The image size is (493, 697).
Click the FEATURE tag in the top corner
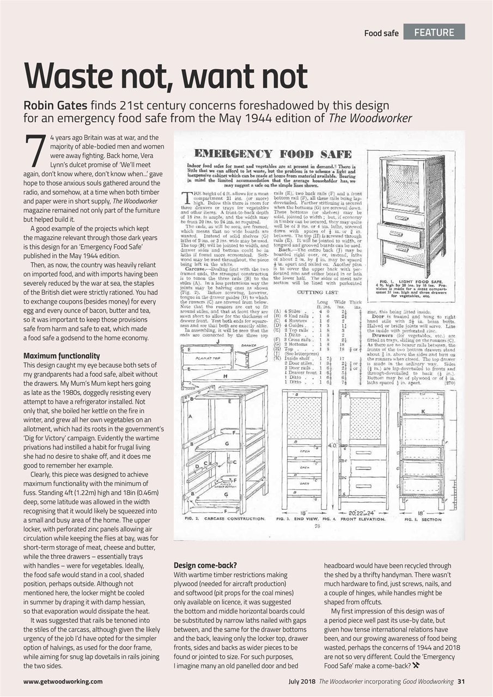coord(434,32)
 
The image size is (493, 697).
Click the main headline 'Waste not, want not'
coord(165,76)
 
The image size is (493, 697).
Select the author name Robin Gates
coord(56,106)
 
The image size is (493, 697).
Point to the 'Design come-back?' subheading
coord(204,565)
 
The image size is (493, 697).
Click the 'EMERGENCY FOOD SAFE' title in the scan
coord(272,154)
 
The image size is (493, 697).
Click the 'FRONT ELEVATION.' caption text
coord(363,519)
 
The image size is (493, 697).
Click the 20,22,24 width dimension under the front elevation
coord(363,512)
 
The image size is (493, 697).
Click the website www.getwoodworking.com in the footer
coord(63,681)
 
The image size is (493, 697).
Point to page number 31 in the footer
coord(461,681)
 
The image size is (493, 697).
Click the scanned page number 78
coord(317,526)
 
